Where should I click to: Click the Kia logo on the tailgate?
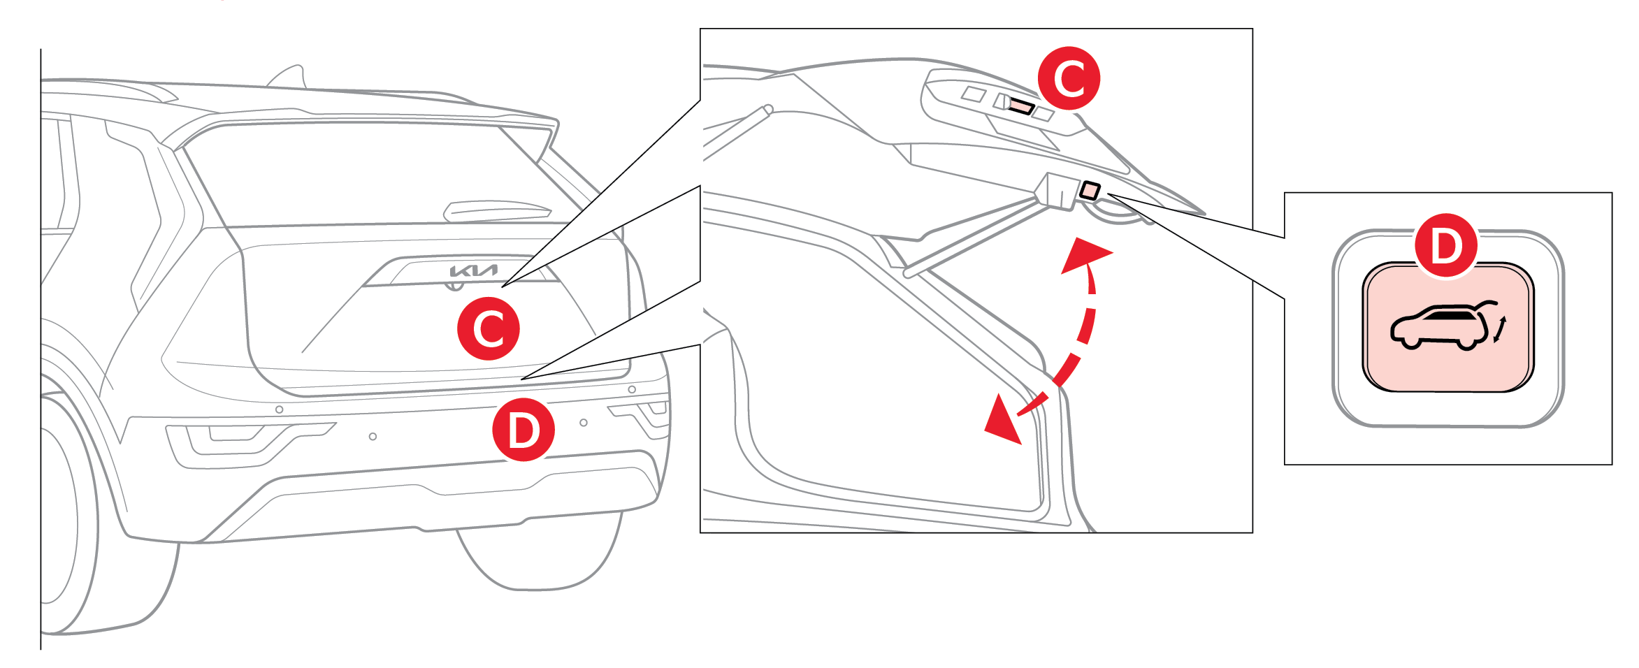click(x=473, y=270)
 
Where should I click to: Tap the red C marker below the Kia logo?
click(x=489, y=328)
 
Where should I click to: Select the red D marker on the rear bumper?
click(x=524, y=430)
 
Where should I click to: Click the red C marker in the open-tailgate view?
click(x=1069, y=78)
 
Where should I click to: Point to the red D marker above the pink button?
click(x=1446, y=246)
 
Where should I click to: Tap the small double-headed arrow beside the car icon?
click(x=1501, y=330)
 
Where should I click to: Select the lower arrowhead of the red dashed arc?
click(x=1003, y=421)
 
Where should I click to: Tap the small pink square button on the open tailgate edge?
click(x=1090, y=190)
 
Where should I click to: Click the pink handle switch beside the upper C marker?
click(x=1021, y=106)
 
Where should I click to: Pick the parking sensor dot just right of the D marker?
click(x=584, y=423)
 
